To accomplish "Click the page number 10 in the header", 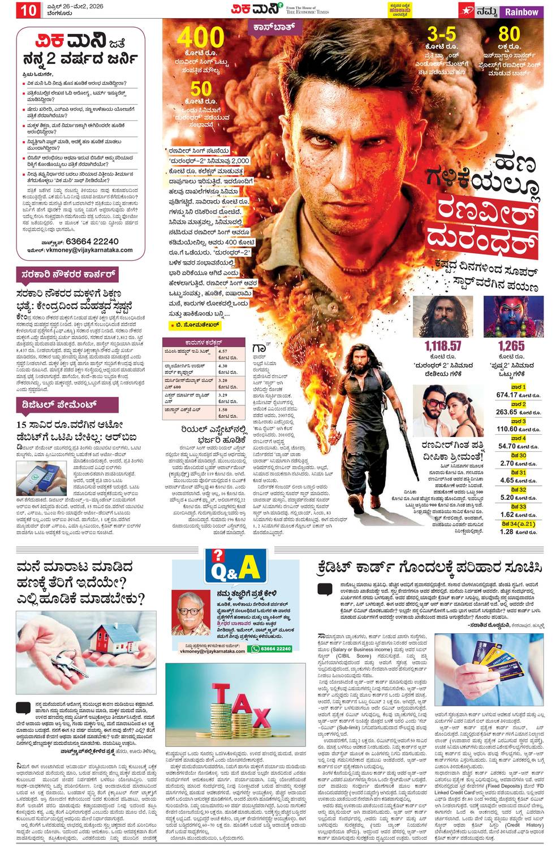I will click(x=29, y=11).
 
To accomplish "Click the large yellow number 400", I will click(x=201, y=38).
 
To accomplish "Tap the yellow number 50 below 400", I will click(x=201, y=89).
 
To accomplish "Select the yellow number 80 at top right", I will click(x=510, y=34).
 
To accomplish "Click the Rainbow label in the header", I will click(x=522, y=11).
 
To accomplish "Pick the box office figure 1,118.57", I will click(x=443, y=346).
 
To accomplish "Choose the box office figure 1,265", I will click(x=511, y=346).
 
